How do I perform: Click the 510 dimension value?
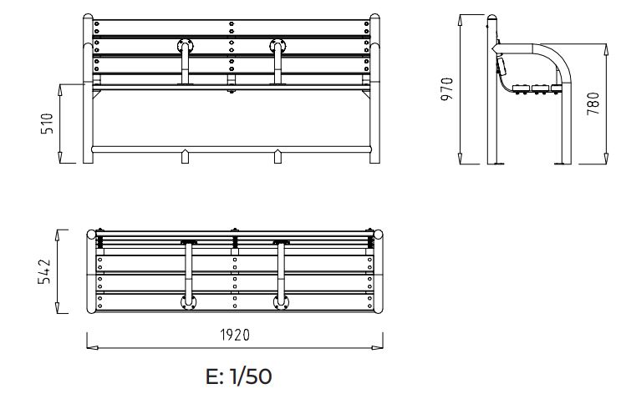tap(48, 124)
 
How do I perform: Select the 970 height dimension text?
tap(447, 89)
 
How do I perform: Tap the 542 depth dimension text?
tap(48, 272)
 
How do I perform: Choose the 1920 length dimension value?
tap(235, 335)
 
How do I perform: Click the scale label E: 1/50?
tap(238, 376)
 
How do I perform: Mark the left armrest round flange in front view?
tap(186, 45)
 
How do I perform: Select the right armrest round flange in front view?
tap(278, 45)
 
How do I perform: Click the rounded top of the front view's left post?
tap(88, 19)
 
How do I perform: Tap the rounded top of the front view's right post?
tap(375, 19)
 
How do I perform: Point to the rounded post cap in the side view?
tap(494, 18)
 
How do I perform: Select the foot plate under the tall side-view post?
tap(499, 164)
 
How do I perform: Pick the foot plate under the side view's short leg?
tap(561, 164)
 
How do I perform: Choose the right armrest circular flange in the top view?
tap(281, 302)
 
